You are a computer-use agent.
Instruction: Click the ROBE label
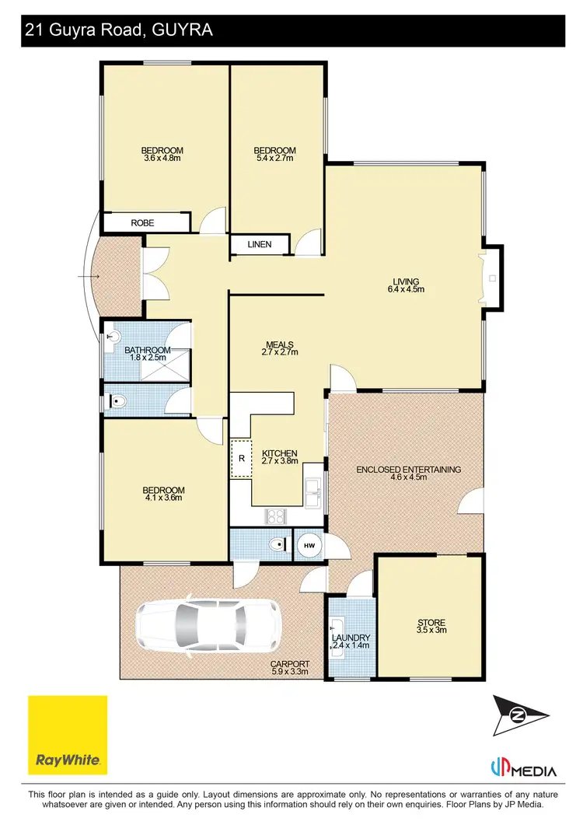pyautogui.click(x=142, y=223)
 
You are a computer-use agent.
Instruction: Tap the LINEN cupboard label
pyautogui.click(x=260, y=245)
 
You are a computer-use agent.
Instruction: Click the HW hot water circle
pyautogui.click(x=309, y=546)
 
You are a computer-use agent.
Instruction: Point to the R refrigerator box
pyautogui.click(x=241, y=458)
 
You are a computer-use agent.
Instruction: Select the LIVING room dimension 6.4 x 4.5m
pyautogui.click(x=406, y=289)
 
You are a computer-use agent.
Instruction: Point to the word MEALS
pyautogui.click(x=279, y=344)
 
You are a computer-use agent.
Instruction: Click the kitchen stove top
pyautogui.click(x=277, y=515)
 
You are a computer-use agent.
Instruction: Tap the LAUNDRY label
pyautogui.click(x=351, y=638)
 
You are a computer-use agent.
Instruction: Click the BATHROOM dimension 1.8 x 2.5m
pyautogui.click(x=147, y=358)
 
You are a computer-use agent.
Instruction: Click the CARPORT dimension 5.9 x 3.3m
pyautogui.click(x=290, y=672)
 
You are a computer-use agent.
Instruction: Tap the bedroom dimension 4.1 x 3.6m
pyautogui.click(x=163, y=498)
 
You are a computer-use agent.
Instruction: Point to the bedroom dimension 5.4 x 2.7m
pyautogui.click(x=276, y=159)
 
